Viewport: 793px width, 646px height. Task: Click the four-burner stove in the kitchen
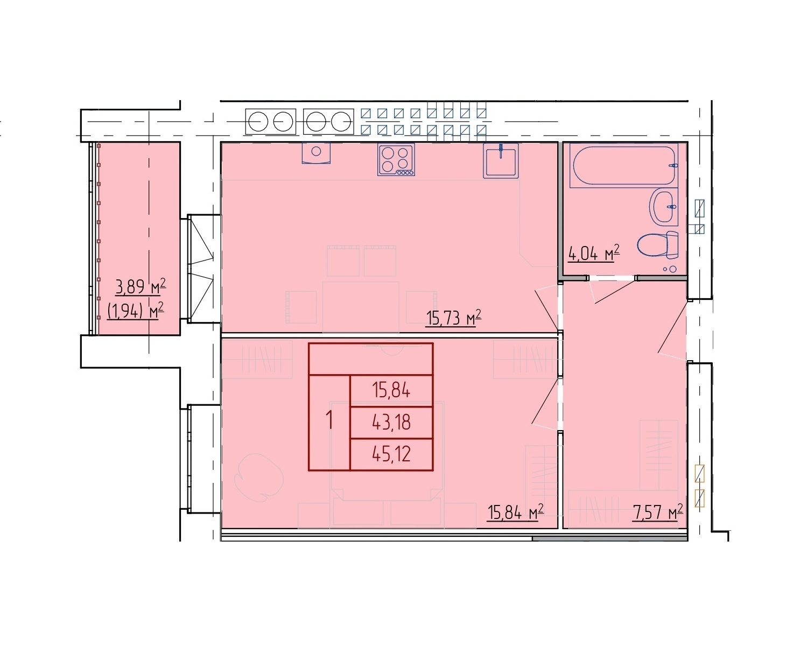(x=396, y=159)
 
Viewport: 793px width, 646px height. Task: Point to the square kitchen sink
(x=501, y=160)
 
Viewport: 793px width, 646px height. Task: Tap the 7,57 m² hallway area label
(x=657, y=512)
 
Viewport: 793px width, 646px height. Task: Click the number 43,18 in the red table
(x=391, y=422)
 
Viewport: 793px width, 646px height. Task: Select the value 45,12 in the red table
(x=391, y=454)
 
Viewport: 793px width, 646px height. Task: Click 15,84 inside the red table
(x=391, y=391)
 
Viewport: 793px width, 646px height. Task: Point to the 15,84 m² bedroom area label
(x=515, y=512)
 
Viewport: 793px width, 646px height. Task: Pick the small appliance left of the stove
(x=316, y=153)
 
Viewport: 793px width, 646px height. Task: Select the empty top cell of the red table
(x=371, y=359)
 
